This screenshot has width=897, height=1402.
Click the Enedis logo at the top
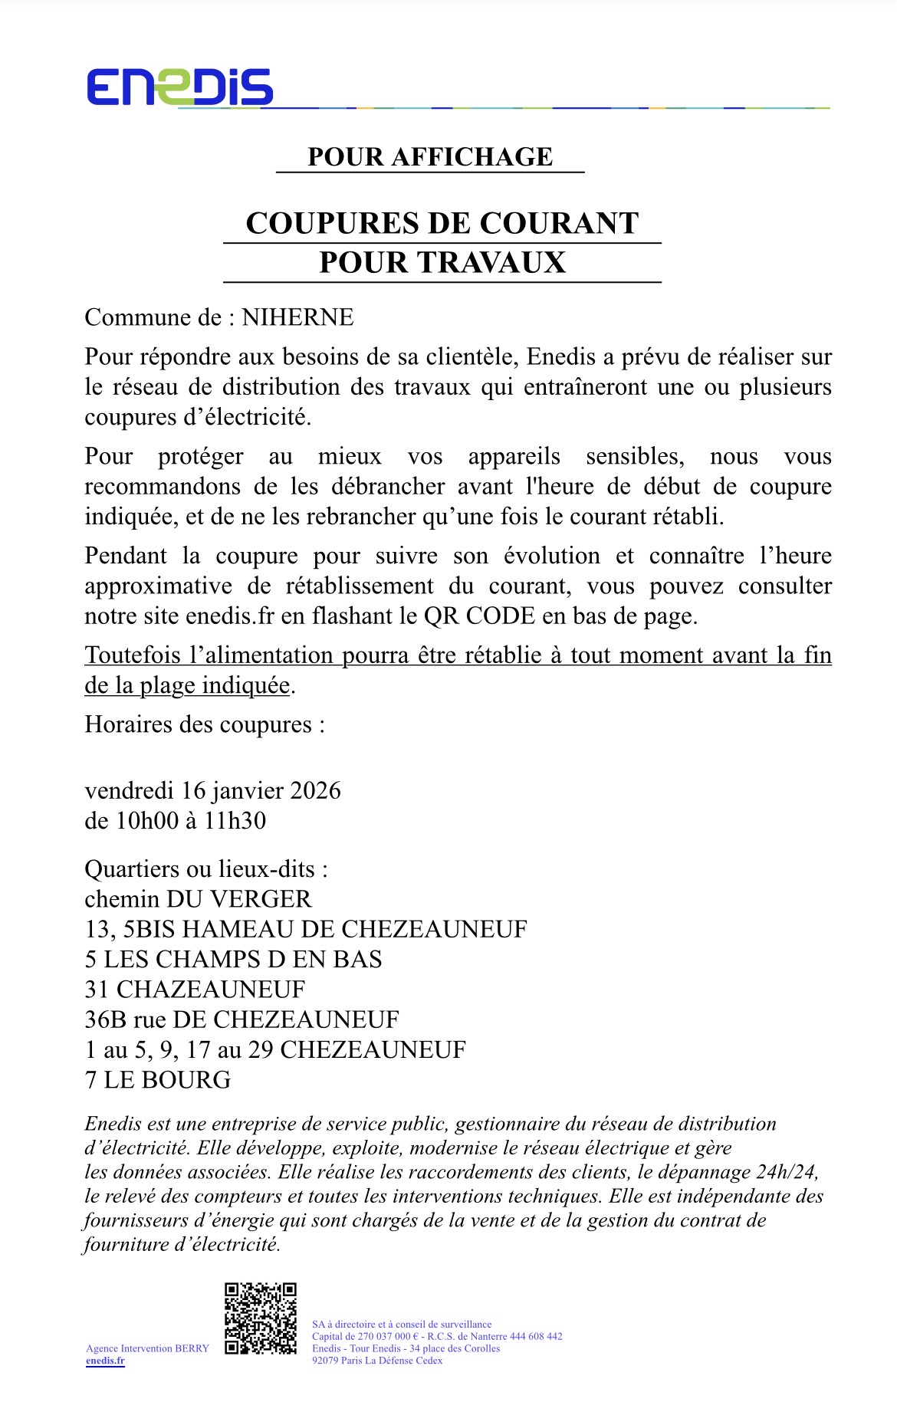click(179, 87)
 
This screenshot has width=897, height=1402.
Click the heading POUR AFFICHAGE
click(430, 157)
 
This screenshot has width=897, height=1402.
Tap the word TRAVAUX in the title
click(491, 263)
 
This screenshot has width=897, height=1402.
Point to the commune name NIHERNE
click(297, 317)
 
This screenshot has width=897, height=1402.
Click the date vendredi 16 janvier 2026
click(212, 790)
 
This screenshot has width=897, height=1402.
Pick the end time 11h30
click(235, 821)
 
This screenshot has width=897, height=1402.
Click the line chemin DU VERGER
click(198, 899)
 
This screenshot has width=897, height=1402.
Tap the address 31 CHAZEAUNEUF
click(195, 990)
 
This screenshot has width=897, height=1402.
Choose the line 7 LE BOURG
click(157, 1080)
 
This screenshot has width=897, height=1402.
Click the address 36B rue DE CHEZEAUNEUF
click(242, 1019)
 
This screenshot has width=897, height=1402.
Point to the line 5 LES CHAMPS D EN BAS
click(233, 960)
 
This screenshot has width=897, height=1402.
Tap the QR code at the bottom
click(261, 1318)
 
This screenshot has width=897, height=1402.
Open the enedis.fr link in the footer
click(105, 1361)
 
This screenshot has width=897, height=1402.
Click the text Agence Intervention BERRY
click(147, 1348)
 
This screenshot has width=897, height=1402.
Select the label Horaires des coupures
click(204, 724)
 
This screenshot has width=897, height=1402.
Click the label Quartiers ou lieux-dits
click(206, 869)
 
